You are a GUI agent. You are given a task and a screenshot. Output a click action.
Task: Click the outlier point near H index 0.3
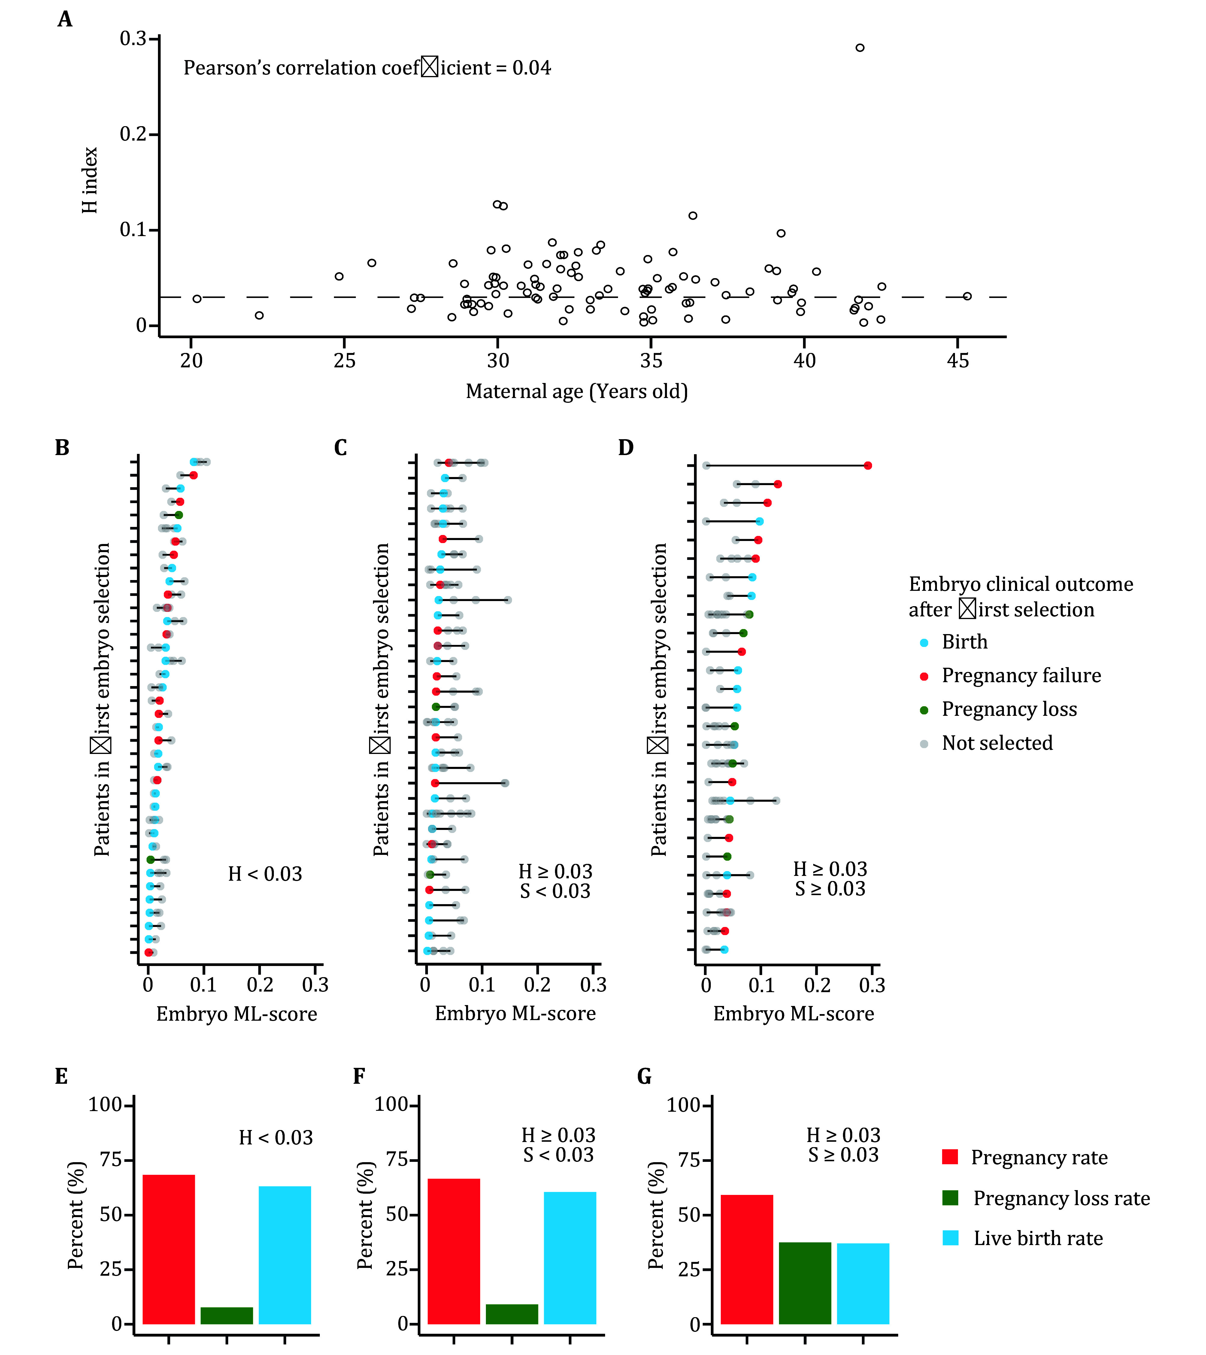[x=859, y=48]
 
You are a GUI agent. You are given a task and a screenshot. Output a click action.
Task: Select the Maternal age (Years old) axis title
[x=577, y=391]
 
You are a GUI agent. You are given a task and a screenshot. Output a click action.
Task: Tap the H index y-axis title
[x=89, y=180]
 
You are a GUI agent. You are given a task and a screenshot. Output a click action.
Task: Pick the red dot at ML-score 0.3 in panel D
[x=867, y=465]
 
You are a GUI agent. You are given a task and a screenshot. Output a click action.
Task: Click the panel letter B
[x=62, y=448]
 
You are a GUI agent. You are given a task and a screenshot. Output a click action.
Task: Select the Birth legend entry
[x=964, y=642]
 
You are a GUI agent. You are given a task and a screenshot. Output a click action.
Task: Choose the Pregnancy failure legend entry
[x=1020, y=676]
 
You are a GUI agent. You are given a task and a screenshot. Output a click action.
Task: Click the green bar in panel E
[x=227, y=1315]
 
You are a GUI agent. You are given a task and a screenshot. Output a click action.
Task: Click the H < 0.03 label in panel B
[x=265, y=874]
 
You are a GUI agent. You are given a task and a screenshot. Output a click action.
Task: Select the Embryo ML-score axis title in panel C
[x=515, y=1013]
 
